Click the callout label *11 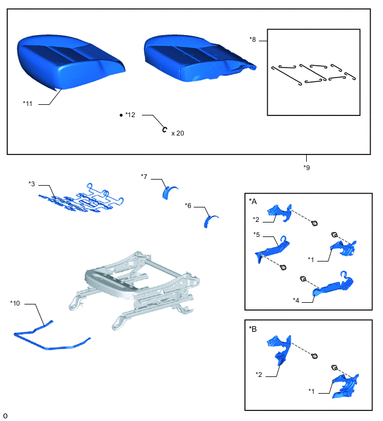point(28,103)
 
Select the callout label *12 point(130,115)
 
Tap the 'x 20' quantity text point(178,133)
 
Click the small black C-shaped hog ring point(165,130)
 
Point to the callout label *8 point(253,40)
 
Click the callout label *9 point(307,167)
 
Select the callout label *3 point(32,184)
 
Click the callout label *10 point(15,303)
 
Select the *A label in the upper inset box point(253,201)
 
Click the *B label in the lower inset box point(253,328)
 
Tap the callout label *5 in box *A point(257,234)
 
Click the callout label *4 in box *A point(296,300)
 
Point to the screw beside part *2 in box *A point(315,223)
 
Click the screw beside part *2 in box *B point(315,356)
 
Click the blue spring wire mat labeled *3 point(80,200)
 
